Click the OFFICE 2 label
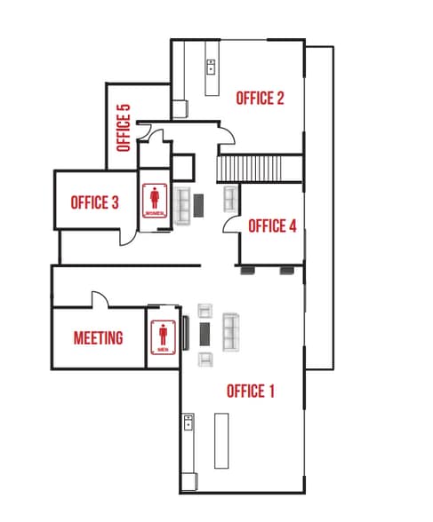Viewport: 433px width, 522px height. point(260,98)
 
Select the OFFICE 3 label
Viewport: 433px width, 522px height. point(95,202)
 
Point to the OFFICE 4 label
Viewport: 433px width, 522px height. point(271,225)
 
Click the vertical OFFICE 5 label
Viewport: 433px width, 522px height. point(124,127)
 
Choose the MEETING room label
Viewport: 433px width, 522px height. point(98,338)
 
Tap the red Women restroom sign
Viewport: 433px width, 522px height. point(156,201)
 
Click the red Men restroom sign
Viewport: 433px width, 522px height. point(163,336)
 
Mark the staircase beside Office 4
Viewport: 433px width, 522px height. point(249,168)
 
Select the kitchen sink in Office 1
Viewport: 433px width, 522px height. point(188,421)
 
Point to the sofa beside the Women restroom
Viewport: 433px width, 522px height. point(182,205)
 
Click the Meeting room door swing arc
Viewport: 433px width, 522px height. point(99,300)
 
